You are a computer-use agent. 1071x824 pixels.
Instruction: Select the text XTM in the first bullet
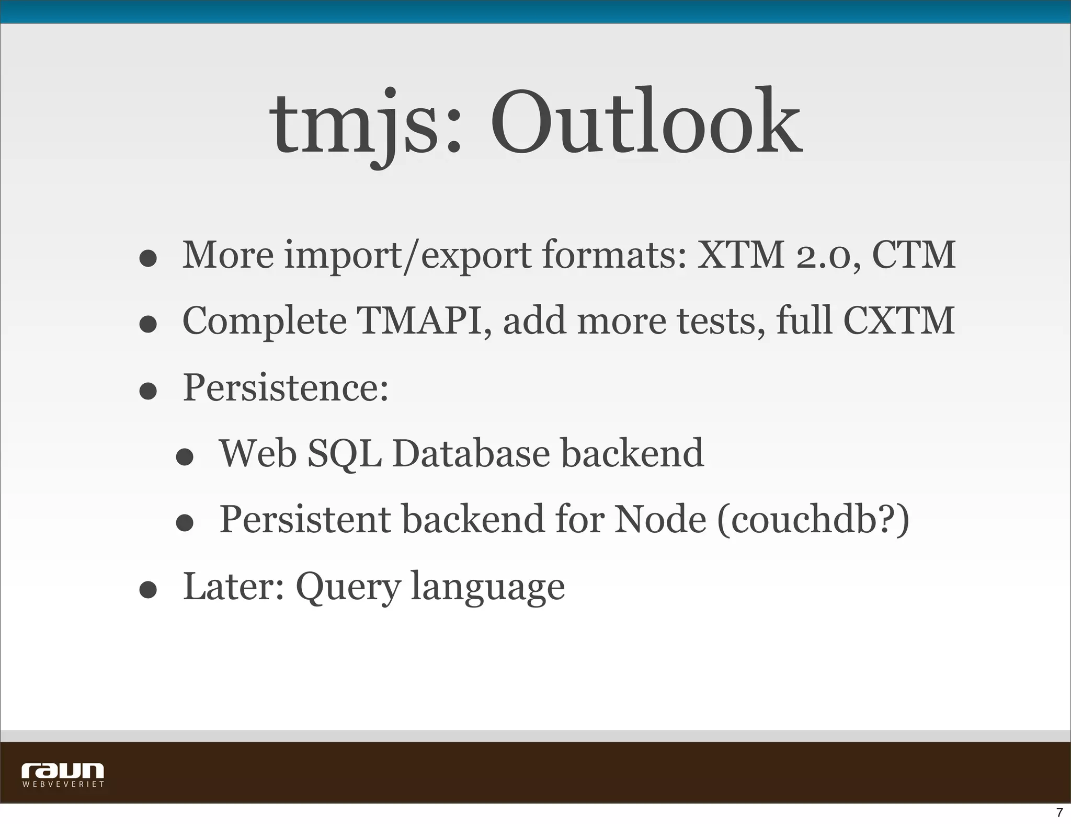click(740, 255)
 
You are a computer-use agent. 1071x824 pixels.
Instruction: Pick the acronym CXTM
click(899, 321)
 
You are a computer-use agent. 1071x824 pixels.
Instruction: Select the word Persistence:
click(286, 387)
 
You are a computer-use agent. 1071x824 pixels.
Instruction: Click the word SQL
click(344, 454)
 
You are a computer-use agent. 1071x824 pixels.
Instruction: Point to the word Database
click(471, 453)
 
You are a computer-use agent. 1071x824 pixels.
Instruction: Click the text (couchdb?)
click(813, 520)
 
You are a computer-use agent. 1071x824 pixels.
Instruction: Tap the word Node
click(660, 520)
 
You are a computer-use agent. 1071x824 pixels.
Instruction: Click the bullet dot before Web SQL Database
click(185, 457)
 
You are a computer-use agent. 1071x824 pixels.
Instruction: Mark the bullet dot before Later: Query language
click(149, 590)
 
